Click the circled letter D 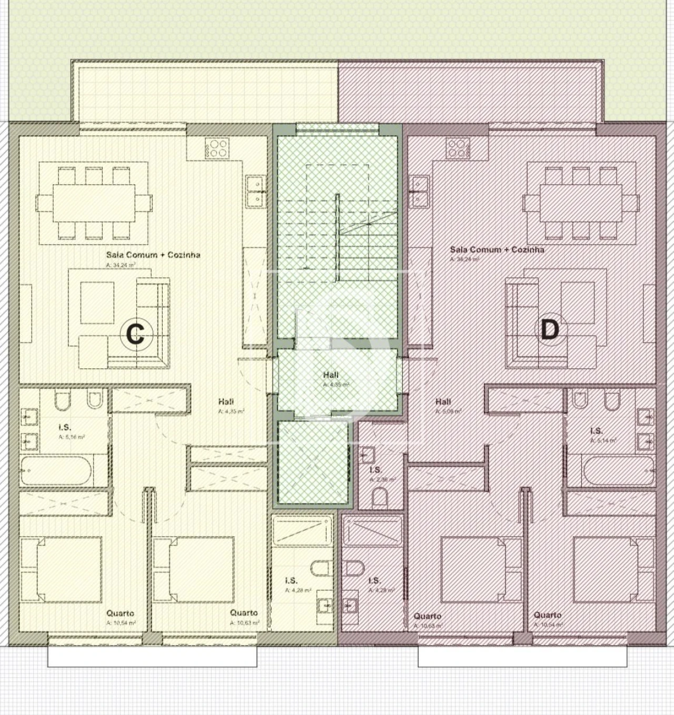point(549,330)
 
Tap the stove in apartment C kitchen point(217,147)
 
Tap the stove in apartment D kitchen point(458,148)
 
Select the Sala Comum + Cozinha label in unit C point(153,255)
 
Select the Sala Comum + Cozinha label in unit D point(497,249)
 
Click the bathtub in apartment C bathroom point(56,470)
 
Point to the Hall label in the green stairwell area point(331,375)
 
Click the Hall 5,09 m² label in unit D point(443,401)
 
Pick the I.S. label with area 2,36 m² point(375,470)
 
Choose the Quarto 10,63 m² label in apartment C point(244,613)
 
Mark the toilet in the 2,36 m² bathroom point(379,497)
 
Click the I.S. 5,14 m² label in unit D point(596,431)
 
